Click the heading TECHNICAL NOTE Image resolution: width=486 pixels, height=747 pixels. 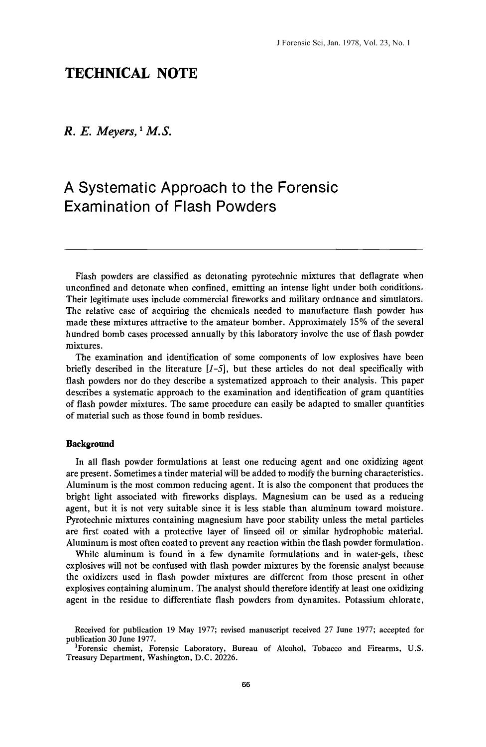tap(131, 74)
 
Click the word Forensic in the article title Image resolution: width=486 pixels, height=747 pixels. tap(307, 188)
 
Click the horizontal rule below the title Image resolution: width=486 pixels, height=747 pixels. tap(244, 248)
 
